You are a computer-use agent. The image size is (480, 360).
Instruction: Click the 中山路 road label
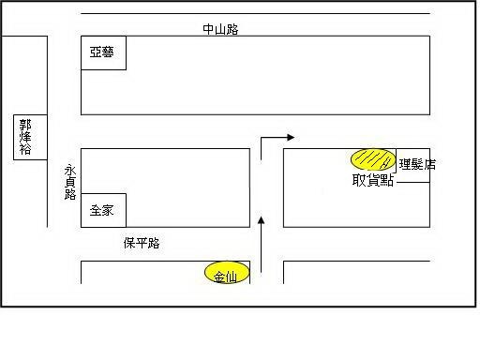pos(220,29)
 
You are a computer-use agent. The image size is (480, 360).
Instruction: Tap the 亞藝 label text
pos(101,52)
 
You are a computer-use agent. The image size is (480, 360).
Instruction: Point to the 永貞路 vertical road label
pos(70,183)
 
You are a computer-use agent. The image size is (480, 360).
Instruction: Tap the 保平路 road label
pos(142,243)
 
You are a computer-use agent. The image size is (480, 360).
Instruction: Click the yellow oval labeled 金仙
pos(227,273)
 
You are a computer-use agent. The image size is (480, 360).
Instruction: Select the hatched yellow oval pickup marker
pos(373,159)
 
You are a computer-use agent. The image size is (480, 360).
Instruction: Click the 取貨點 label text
pos(372,180)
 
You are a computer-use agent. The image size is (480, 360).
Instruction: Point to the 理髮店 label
pos(417,164)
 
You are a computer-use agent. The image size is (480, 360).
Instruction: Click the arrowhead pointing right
pos(291,137)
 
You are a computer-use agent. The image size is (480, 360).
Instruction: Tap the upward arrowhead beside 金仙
pos(262,220)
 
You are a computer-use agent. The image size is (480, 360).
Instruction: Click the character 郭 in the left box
pos(25,125)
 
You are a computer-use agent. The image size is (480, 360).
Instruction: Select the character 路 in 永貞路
pos(70,194)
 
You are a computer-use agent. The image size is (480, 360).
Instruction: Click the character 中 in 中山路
pos(208,29)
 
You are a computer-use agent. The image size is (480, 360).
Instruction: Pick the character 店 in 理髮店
pos(429,164)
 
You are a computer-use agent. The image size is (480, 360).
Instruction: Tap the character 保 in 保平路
pos(129,243)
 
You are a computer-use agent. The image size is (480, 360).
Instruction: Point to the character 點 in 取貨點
pos(387,180)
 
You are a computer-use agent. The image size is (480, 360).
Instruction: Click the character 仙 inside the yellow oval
pos(231,277)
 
